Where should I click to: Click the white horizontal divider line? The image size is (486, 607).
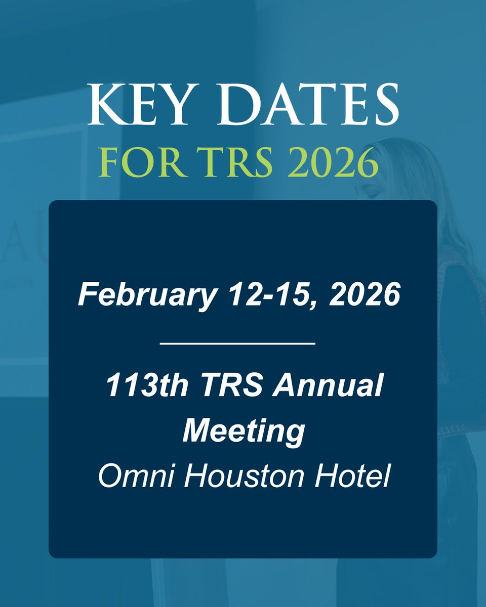tap(237, 343)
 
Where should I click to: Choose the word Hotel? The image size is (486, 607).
tap(352, 477)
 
